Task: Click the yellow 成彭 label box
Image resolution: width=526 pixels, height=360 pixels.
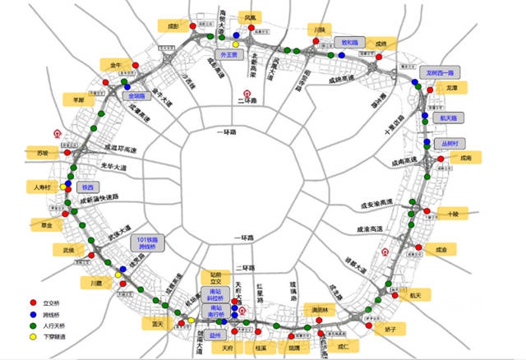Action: [x=173, y=26]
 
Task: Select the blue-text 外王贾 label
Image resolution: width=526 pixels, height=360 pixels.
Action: [x=227, y=55]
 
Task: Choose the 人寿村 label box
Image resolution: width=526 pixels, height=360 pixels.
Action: [x=44, y=187]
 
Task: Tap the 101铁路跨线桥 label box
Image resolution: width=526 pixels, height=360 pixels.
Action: [x=150, y=242]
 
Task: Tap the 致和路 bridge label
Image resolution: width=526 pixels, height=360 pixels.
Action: [x=350, y=42]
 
